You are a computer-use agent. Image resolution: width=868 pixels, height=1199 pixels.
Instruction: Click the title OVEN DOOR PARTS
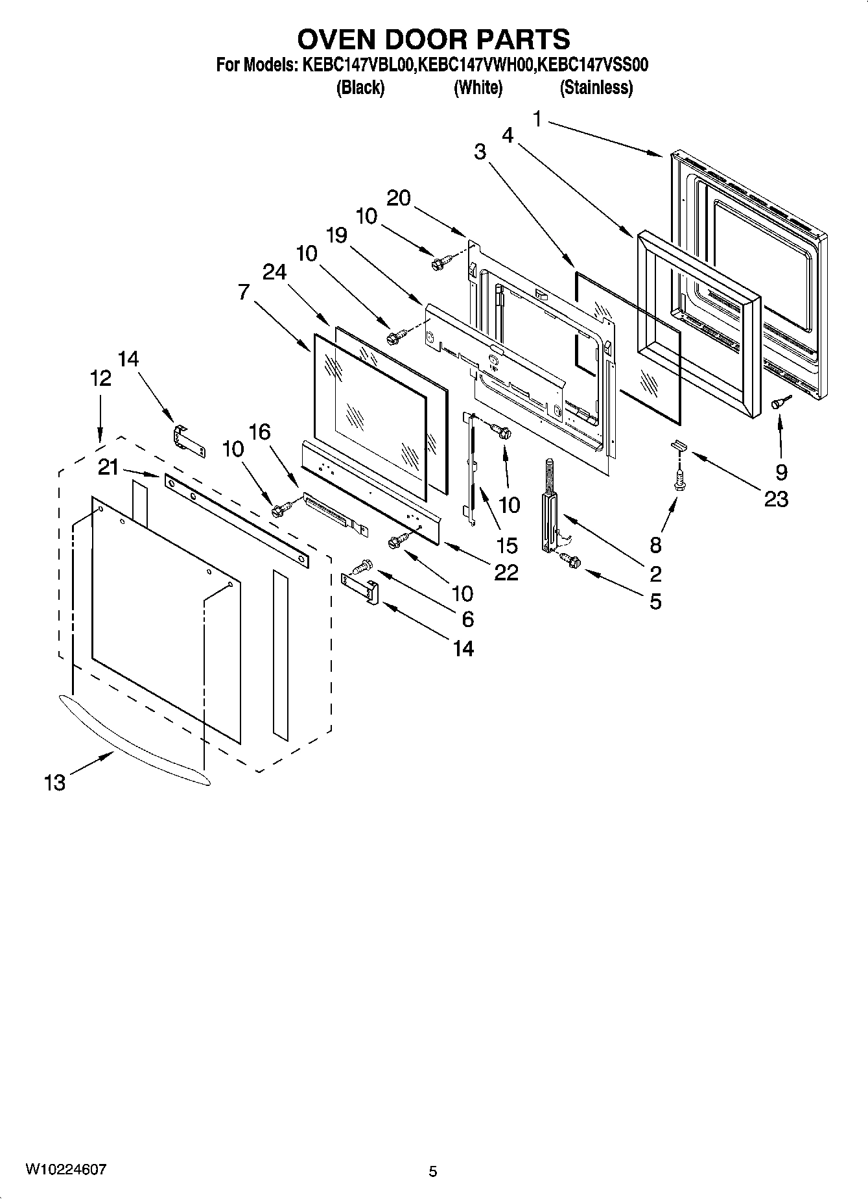click(433, 40)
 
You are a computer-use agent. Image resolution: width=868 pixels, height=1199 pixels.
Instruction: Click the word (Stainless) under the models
click(596, 88)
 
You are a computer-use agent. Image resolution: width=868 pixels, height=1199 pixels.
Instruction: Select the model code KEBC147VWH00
click(476, 65)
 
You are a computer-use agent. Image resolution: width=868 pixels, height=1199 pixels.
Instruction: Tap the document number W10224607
click(65, 1170)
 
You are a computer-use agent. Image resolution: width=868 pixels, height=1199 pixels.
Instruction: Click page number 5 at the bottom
click(433, 1171)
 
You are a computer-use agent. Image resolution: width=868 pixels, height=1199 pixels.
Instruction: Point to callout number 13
click(55, 783)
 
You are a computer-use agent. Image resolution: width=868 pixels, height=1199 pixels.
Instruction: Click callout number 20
click(399, 198)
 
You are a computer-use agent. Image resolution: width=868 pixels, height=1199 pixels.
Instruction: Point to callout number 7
click(243, 292)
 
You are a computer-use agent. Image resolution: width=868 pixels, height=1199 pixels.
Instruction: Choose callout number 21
click(108, 466)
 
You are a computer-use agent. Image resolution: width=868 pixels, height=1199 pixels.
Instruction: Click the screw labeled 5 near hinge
click(570, 559)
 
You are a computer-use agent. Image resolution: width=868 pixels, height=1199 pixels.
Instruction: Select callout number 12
click(100, 378)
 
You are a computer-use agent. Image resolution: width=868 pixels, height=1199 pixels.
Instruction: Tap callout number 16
click(260, 432)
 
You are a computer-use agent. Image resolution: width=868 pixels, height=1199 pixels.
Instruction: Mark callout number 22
click(506, 572)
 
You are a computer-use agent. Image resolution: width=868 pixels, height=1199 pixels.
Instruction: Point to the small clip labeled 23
click(679, 445)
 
